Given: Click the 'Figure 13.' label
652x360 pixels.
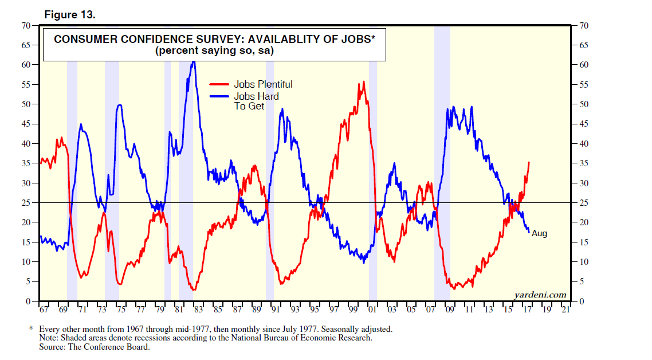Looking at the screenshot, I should [70, 15].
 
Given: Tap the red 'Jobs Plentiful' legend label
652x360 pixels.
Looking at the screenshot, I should [263, 84].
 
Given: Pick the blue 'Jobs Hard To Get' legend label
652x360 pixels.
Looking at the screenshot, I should [256, 101].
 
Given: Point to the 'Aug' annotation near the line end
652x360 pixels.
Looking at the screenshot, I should [539, 233].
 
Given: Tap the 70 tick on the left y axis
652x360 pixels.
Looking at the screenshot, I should [26, 26].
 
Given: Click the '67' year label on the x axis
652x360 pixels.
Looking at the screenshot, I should [44, 310].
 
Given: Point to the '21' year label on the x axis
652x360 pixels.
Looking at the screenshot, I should [565, 310].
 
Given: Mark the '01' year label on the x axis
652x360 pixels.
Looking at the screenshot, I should [372, 310].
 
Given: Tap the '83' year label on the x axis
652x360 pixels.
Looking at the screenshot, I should [198, 310].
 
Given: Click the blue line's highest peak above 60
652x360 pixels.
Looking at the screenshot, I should [194, 61].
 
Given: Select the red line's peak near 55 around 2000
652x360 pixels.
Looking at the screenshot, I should [363, 82].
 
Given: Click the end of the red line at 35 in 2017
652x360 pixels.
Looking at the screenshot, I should [529, 162].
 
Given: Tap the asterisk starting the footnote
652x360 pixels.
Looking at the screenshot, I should [32, 330].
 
